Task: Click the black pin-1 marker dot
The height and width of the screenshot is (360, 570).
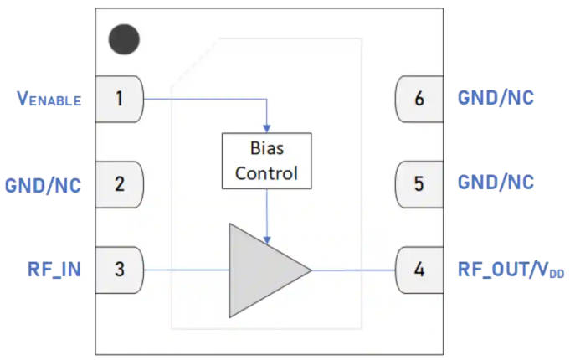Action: pyautogui.click(x=125, y=39)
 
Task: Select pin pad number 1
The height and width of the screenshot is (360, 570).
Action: pyautogui.click(x=119, y=99)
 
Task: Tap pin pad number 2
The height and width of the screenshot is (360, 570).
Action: pyautogui.click(x=119, y=183)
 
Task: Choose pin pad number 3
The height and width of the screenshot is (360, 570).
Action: pyautogui.click(x=119, y=270)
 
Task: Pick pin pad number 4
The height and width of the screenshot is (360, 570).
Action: pyautogui.click(x=419, y=270)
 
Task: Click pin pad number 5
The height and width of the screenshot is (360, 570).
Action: pyautogui.click(x=419, y=183)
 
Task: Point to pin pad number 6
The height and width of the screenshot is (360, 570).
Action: pyautogui.click(x=419, y=99)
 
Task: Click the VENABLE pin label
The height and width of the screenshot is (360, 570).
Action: pyautogui.click(x=49, y=100)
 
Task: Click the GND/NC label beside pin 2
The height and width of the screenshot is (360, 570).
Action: pyautogui.click(x=44, y=184)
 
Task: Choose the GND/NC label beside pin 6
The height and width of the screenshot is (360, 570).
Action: pyautogui.click(x=496, y=99)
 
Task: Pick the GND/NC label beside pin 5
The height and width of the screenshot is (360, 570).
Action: pyautogui.click(x=496, y=183)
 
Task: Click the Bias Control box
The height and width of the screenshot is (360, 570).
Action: pyautogui.click(x=266, y=160)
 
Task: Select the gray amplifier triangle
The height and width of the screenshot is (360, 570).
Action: pyautogui.click(x=260, y=270)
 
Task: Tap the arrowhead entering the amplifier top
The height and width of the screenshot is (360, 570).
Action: pyautogui.click(x=266, y=238)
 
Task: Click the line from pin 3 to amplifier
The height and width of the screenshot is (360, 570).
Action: pyautogui.click(x=186, y=270)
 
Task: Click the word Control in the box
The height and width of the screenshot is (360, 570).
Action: pyautogui.click(x=266, y=174)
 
